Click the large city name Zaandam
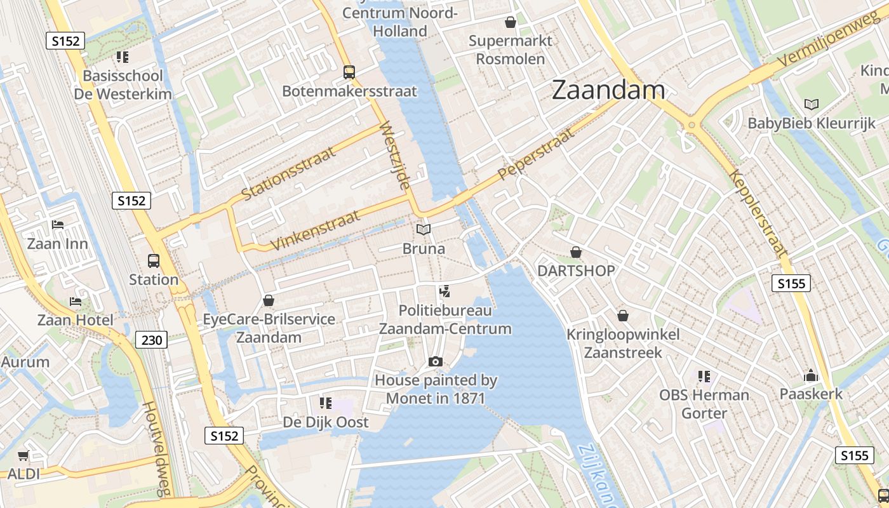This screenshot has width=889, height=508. pyautogui.click(x=608, y=90)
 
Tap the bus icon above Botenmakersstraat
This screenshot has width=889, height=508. pyautogui.click(x=349, y=72)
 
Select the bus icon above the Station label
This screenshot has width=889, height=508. pyautogui.click(x=154, y=260)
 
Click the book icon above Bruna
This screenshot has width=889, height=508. pyautogui.click(x=424, y=229)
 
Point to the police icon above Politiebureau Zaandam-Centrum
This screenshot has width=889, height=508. pyautogui.click(x=444, y=292)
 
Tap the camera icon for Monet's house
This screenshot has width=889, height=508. pyautogui.click(x=436, y=361)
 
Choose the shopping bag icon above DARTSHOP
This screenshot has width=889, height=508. pyautogui.click(x=576, y=252)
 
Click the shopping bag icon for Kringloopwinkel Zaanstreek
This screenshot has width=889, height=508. pyautogui.click(x=623, y=316)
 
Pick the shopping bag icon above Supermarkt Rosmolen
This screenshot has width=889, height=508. pyautogui.click(x=510, y=23)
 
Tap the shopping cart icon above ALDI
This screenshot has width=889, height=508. pyautogui.click(x=23, y=455)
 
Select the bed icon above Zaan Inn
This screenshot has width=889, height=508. pyautogui.click(x=58, y=225)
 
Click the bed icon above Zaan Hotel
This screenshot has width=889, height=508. pyautogui.click(x=76, y=301)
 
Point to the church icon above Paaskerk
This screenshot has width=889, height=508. pyautogui.click(x=811, y=375)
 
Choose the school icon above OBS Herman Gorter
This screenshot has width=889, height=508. pyautogui.click(x=704, y=376)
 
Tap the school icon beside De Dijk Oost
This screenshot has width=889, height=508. pyautogui.click(x=326, y=403)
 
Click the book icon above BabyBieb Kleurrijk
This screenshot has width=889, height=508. pyautogui.click(x=811, y=104)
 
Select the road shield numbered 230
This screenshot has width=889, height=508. pyautogui.click(x=151, y=340)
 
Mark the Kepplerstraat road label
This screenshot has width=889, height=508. pyautogui.click(x=758, y=213)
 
